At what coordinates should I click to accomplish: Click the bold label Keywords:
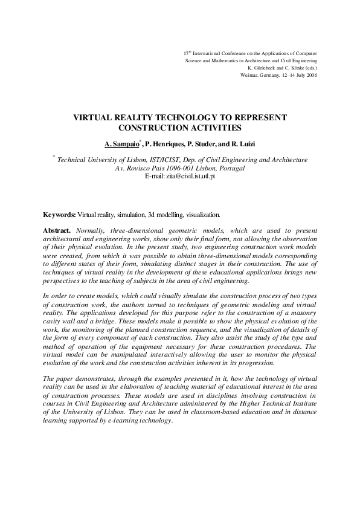(x=59, y=215)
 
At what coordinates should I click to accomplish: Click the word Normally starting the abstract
(x=91, y=231)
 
